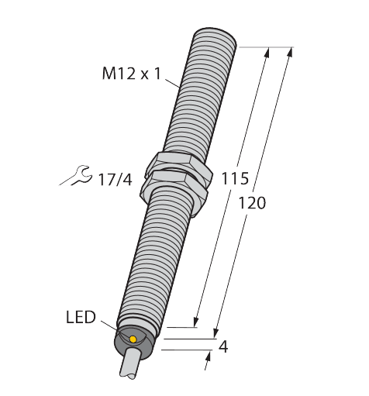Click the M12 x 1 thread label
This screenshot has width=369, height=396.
(133, 74)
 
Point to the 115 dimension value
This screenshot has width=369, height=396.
(235, 179)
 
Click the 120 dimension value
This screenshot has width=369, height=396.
(251, 203)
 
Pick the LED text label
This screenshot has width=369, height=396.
(81, 317)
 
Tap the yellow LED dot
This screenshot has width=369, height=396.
(133, 339)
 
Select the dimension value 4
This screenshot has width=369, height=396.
(224, 346)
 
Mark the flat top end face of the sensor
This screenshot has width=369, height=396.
(214, 35)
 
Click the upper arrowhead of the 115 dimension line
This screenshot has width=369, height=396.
(267, 51)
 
